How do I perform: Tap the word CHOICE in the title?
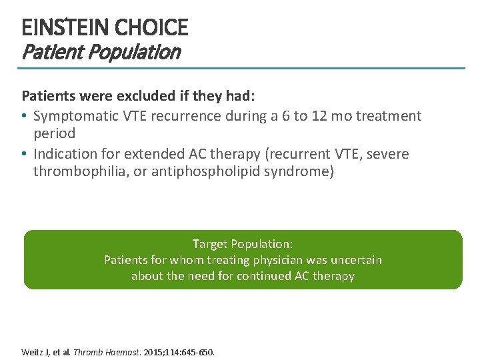151,28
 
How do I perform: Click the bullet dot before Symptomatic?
25,117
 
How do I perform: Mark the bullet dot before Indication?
25,155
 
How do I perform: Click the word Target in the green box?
210,244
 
